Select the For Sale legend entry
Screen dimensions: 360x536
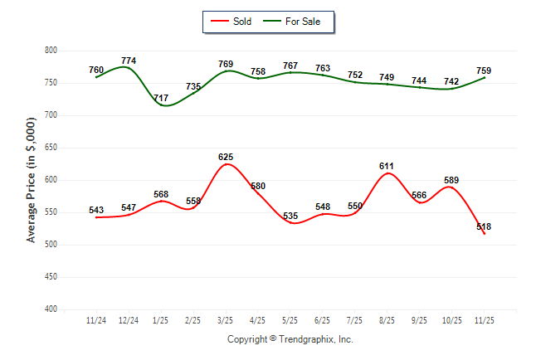click(302, 22)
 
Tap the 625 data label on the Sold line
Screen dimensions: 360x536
click(226, 157)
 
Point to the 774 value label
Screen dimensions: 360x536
click(129, 61)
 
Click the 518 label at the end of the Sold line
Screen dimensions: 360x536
click(484, 226)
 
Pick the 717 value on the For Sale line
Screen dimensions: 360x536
click(161, 98)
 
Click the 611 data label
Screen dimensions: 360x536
click(387, 166)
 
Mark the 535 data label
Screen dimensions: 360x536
click(290, 216)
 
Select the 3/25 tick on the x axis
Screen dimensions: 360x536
click(225, 320)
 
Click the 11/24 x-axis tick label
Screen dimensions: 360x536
click(95, 320)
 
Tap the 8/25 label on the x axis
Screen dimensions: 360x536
click(387, 320)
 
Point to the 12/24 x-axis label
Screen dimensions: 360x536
click(128, 320)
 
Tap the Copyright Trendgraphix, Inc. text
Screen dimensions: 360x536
click(290, 339)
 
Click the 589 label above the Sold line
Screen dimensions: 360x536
click(451, 180)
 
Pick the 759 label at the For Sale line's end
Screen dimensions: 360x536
click(484, 71)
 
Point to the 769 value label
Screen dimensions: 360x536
click(226, 64)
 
